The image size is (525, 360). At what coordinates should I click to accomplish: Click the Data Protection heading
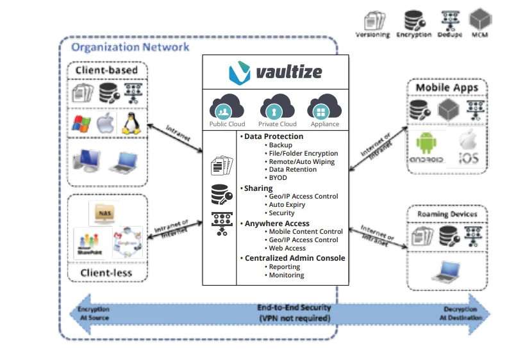click(274, 136)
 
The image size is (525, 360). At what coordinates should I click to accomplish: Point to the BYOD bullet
click(278, 178)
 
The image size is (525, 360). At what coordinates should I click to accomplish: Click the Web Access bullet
click(287, 249)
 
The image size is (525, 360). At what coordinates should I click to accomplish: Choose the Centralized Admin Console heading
click(295, 258)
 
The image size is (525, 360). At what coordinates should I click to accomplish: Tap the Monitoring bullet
click(287, 275)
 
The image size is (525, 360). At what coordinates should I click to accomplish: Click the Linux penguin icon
click(131, 122)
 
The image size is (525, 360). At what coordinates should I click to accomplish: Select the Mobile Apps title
click(446, 88)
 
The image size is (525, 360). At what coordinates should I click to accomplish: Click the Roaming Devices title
click(446, 214)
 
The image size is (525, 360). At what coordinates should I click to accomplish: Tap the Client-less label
click(106, 274)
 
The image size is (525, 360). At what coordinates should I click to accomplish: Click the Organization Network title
click(130, 47)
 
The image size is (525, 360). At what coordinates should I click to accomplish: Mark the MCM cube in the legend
click(479, 18)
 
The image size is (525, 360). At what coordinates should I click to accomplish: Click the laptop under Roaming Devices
click(442, 274)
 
